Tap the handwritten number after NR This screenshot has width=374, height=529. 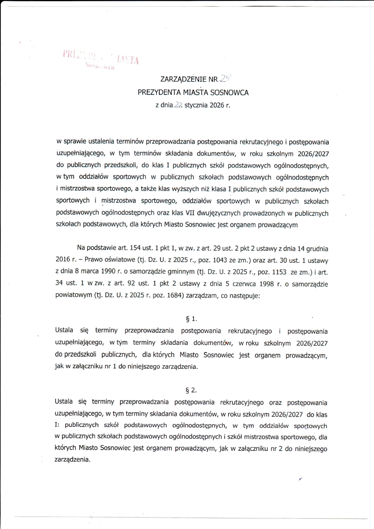(x=225, y=78)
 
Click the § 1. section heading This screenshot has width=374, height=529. (x=192, y=319)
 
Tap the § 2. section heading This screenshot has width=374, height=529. (x=191, y=390)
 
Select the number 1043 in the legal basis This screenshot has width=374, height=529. (x=220, y=260)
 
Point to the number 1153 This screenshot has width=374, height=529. (x=279, y=272)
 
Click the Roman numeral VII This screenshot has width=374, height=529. (x=190, y=213)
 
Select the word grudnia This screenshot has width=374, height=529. (x=317, y=249)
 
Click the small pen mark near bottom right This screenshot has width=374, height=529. (x=300, y=479)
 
